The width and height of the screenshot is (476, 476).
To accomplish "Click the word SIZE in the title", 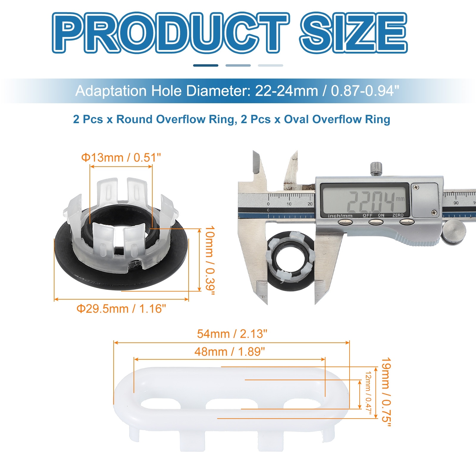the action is [x=353, y=33].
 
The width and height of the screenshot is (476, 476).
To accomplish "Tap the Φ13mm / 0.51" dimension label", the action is [x=121, y=157].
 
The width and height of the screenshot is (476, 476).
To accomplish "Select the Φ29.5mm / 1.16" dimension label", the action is [x=121, y=309].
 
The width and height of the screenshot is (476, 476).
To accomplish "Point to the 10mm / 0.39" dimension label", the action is [x=210, y=261].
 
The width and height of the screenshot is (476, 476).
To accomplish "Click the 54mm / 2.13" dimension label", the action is [x=232, y=334].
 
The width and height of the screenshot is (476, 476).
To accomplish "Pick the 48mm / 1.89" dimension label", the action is [x=230, y=352].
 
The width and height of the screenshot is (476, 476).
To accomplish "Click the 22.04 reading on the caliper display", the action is [x=371, y=201].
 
